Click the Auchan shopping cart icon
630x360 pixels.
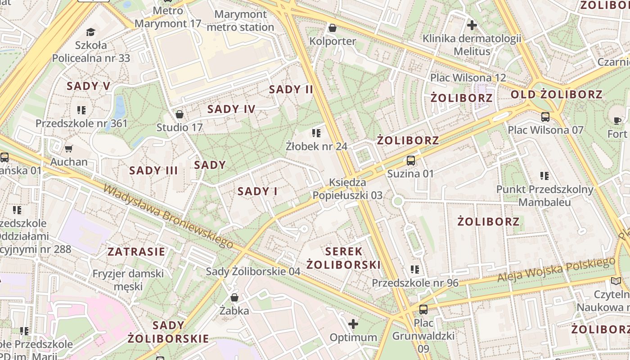coord(68,148)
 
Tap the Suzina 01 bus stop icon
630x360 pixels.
coord(410,160)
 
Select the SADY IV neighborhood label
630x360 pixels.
coord(231,109)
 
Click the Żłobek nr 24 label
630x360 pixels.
coord(317,146)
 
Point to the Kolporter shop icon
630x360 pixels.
coord(333,28)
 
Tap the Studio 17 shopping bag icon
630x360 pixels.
coord(180,114)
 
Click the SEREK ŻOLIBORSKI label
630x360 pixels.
coord(344,258)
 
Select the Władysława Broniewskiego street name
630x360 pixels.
coord(168,216)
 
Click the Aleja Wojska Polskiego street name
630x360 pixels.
coord(556,270)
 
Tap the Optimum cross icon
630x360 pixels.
coord(353,324)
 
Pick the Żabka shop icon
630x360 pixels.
coord(234,297)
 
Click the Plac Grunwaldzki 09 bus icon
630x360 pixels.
coord(423,310)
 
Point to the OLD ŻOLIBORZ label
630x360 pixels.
coord(556,94)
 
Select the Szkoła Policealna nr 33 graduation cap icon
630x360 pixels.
coord(91,32)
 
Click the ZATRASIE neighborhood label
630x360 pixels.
coord(136,252)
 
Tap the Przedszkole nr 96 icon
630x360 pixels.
coord(414,270)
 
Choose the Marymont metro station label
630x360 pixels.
coord(240,21)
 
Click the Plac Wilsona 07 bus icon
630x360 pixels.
coord(545,117)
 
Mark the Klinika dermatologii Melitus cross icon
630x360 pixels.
coord(472,25)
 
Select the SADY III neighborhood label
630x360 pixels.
coord(153,171)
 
